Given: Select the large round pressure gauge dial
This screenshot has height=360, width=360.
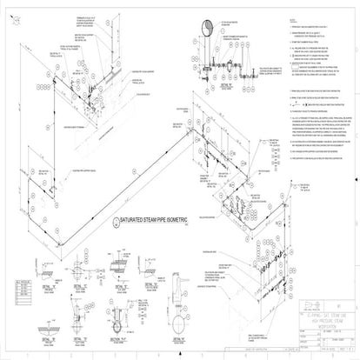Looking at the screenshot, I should point(208,25).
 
